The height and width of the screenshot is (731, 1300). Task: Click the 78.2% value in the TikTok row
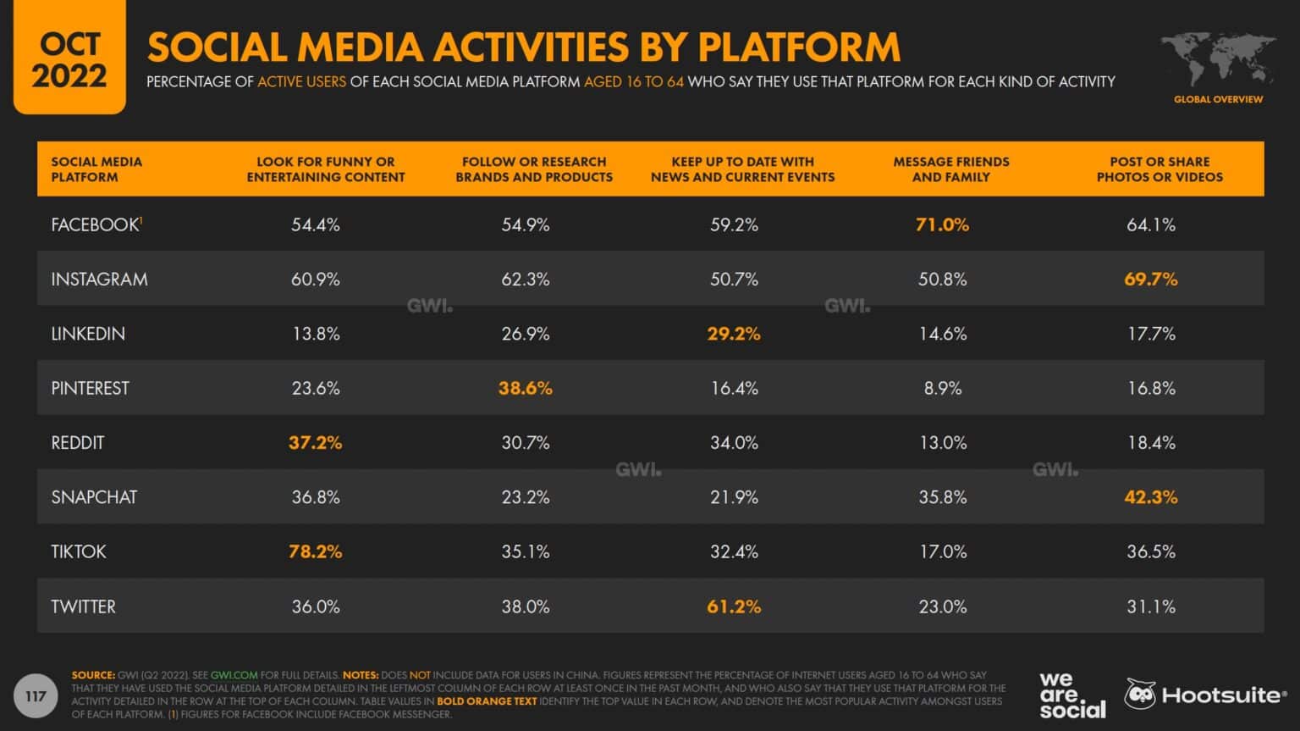tap(315, 551)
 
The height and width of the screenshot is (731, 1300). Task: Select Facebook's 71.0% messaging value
tap(942, 224)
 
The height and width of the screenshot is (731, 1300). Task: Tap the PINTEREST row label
tap(90, 388)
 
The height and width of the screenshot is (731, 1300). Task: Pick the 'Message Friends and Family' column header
tap(950, 169)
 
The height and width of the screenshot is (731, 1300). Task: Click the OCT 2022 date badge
tap(69, 60)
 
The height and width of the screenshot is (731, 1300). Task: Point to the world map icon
tap(1218, 58)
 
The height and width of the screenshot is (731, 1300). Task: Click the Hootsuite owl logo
tap(1139, 695)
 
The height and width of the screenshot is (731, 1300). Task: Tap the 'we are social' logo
tap(1071, 695)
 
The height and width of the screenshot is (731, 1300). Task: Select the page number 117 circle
tap(36, 696)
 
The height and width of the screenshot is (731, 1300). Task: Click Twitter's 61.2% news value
tap(734, 606)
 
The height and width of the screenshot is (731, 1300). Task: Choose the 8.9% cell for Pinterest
tap(942, 388)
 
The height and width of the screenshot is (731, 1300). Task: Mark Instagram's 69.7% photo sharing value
tap(1150, 279)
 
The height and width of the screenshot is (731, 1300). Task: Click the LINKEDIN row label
tap(88, 334)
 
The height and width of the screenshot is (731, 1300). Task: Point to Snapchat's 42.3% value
tap(1150, 497)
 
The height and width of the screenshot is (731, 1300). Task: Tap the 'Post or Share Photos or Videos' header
tap(1160, 169)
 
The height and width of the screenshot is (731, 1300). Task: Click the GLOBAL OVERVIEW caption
tap(1218, 99)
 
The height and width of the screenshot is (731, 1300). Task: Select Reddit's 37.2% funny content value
tap(315, 442)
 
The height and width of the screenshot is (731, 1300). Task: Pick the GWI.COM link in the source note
tap(234, 675)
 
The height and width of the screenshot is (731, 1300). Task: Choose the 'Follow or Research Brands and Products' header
tap(534, 169)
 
